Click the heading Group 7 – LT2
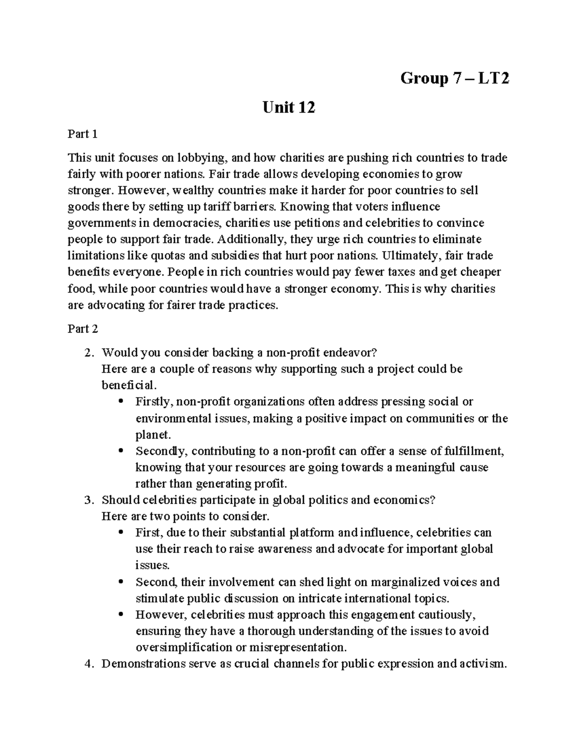pos(454,78)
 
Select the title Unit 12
pos(288,108)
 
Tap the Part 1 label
pos(83,134)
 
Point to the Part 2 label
pos(83,329)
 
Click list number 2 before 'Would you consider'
pos(88,353)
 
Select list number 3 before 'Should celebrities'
pos(88,500)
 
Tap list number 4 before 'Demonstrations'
pos(88,664)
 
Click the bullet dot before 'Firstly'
pos(121,401)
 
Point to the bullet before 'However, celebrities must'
pos(121,614)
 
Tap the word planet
pos(152,435)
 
